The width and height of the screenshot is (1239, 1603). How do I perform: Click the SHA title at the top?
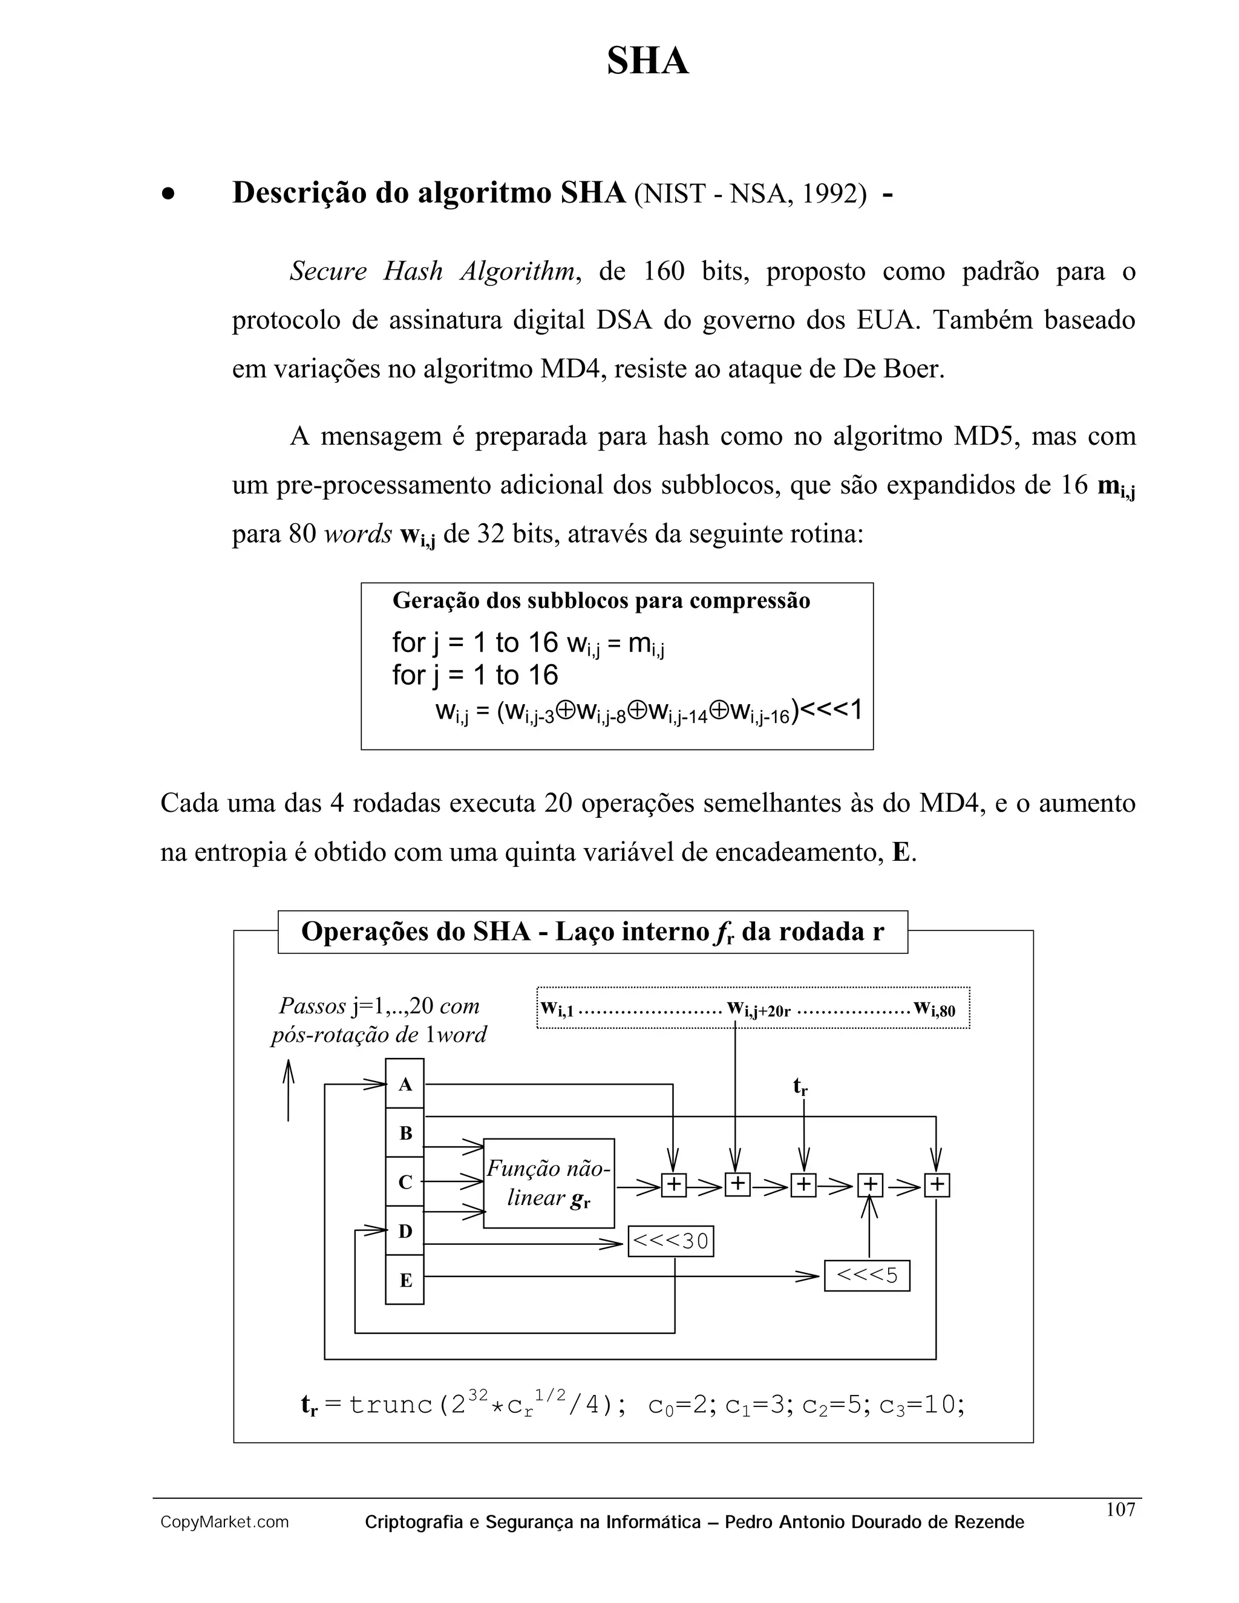click(x=647, y=61)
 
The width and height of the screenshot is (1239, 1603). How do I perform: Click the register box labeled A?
click(x=405, y=1084)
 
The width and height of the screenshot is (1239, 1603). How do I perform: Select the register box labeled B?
click(x=405, y=1132)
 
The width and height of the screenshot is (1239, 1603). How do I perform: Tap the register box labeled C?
click(x=405, y=1182)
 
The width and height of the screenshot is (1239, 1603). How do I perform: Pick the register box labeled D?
click(x=405, y=1231)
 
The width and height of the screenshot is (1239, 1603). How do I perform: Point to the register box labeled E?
click(x=405, y=1280)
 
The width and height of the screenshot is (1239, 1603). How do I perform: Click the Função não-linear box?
click(x=548, y=1183)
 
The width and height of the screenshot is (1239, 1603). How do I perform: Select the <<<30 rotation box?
click(x=671, y=1241)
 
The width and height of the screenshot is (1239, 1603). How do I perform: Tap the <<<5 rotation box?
click(x=867, y=1275)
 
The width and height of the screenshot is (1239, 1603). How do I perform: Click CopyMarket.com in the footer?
click(x=224, y=1523)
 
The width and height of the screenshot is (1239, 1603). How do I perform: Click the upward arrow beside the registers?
click(x=289, y=1091)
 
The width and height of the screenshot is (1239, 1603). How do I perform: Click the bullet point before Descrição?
click(x=169, y=195)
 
